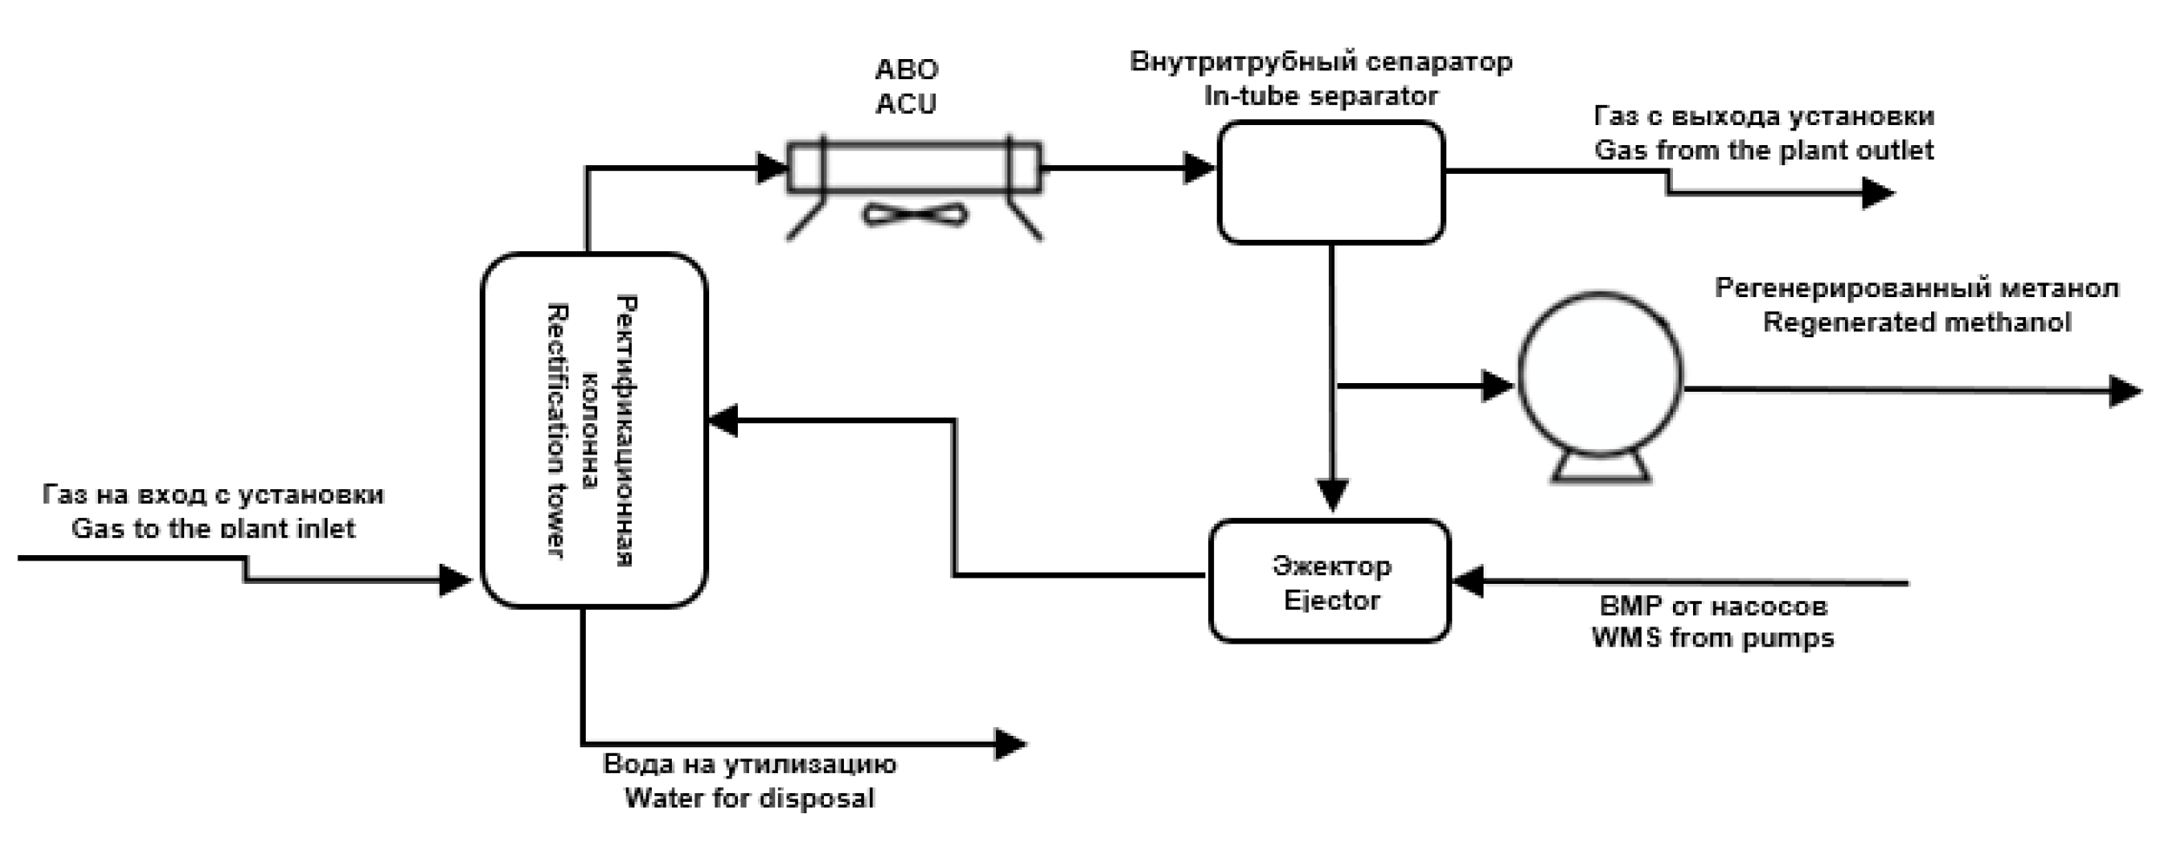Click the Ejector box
tap(1330, 580)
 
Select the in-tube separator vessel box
tap(1331, 182)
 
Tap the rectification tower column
tap(594, 430)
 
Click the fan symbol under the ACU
tap(914, 215)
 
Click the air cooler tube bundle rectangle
tap(914, 167)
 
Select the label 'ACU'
tap(906, 103)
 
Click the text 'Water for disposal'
tap(749, 798)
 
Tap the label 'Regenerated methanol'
tap(1916, 322)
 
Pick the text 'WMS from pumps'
tap(1712, 638)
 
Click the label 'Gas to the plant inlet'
tap(213, 528)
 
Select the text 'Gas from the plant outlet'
tap(1763, 150)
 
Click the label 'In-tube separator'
tap(1320, 96)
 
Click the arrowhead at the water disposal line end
tap(1010, 744)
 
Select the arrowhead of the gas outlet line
tap(1877, 192)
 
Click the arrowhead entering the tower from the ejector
tap(723, 420)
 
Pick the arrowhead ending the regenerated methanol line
tap(2125, 390)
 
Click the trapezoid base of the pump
tap(1601, 468)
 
